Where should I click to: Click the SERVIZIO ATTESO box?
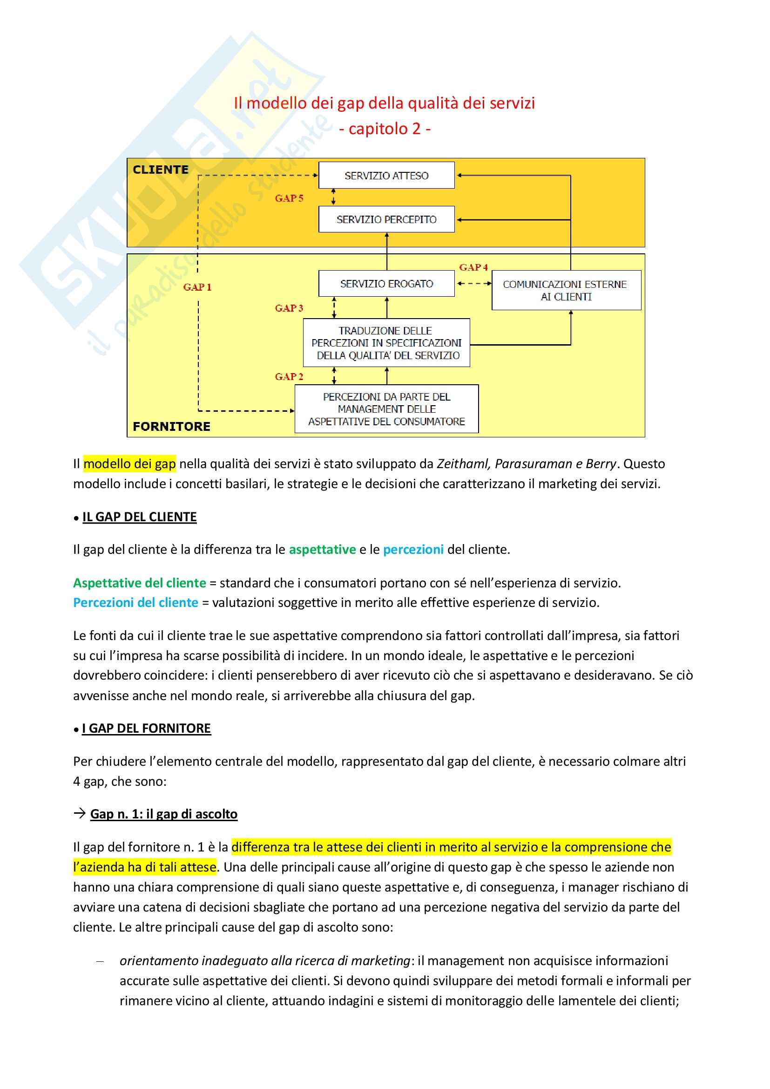(x=386, y=176)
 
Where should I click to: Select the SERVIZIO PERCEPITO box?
(x=386, y=219)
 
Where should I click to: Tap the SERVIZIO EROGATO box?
(x=386, y=284)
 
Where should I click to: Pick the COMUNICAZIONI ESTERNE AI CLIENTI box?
(x=566, y=290)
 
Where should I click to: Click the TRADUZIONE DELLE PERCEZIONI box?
(x=386, y=343)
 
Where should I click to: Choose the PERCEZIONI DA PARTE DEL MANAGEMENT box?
(x=386, y=409)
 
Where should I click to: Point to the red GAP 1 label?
(x=197, y=287)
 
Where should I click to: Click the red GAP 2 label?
(x=289, y=377)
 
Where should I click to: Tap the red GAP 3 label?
(x=289, y=308)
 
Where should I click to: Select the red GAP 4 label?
(x=473, y=267)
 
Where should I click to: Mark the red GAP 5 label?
(x=289, y=198)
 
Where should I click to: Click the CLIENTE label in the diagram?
(x=161, y=170)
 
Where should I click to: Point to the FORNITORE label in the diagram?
(x=172, y=426)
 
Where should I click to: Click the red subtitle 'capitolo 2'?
(x=385, y=129)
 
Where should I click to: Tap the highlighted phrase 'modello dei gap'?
(x=129, y=463)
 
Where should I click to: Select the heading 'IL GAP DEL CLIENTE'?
(x=139, y=517)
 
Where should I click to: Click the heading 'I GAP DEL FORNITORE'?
(x=146, y=728)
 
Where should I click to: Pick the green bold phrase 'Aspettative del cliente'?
(x=139, y=582)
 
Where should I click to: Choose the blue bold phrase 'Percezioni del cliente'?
(x=135, y=602)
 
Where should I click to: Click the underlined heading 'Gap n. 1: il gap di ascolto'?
(x=163, y=814)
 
